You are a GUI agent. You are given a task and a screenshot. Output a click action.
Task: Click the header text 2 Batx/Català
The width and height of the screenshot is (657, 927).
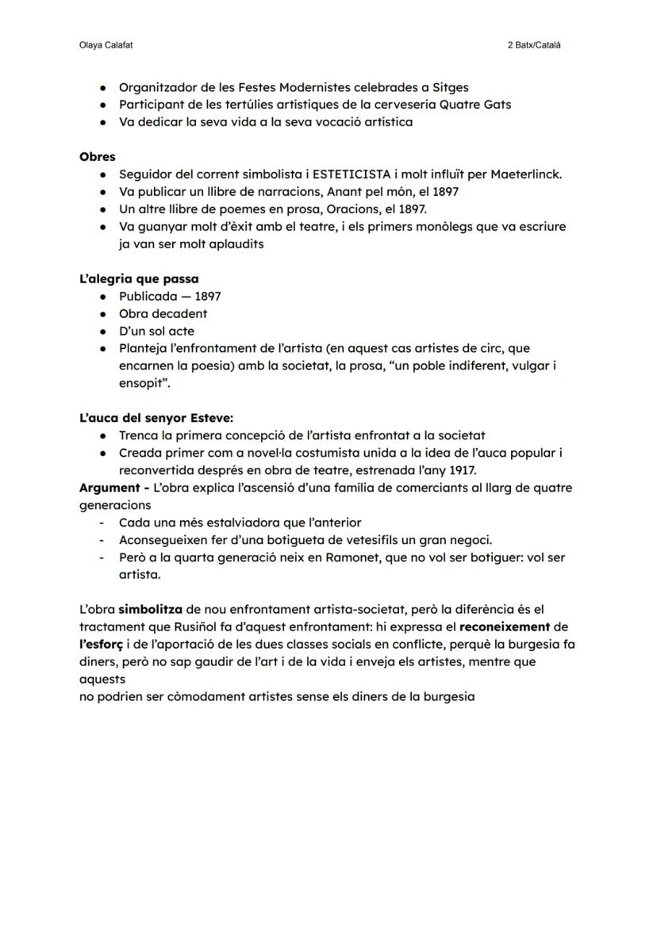tap(534, 45)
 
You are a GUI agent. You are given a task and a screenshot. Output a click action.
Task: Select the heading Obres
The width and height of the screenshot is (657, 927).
tap(97, 156)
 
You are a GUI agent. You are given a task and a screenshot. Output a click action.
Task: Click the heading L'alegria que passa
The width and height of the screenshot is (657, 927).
tap(139, 278)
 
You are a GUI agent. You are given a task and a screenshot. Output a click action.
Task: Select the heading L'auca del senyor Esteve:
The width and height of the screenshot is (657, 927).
tap(156, 418)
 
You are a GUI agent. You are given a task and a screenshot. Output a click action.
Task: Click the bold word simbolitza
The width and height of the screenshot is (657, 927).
tap(151, 610)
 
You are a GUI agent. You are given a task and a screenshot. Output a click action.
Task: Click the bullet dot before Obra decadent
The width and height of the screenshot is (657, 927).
tap(103, 314)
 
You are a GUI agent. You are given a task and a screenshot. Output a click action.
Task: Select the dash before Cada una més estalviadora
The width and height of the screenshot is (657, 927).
tap(102, 523)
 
